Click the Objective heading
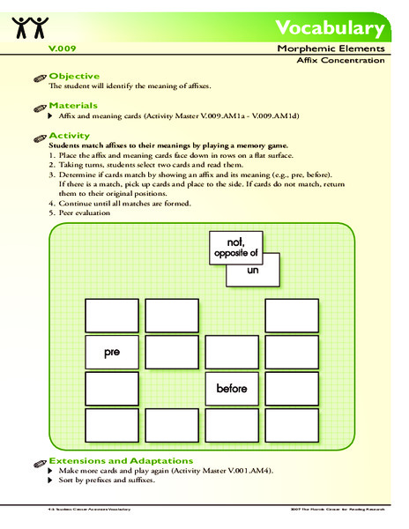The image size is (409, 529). (x=73, y=77)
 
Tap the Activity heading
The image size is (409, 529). (x=70, y=136)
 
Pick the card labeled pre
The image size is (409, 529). (x=111, y=352)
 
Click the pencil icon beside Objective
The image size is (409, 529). (x=38, y=78)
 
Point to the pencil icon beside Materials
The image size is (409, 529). (x=38, y=107)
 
